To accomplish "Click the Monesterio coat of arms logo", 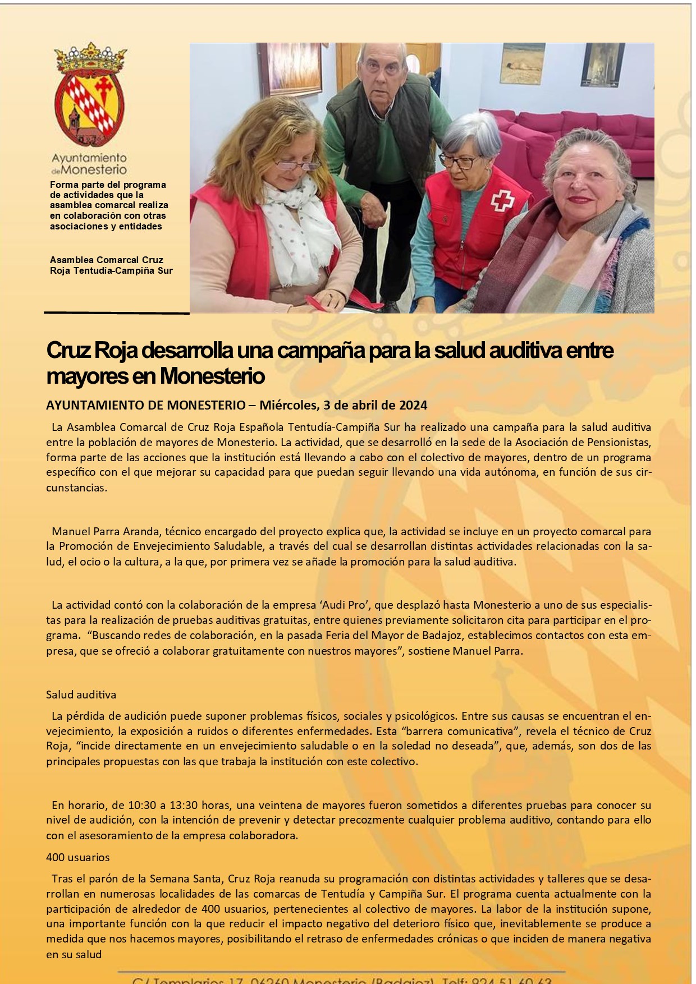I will point(90,95).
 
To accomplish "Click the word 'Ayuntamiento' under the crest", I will point(89,158).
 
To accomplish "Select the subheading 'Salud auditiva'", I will point(81,695).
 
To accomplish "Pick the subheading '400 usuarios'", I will point(77,857).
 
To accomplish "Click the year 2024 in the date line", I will point(413,405).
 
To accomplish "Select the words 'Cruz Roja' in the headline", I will point(92,351).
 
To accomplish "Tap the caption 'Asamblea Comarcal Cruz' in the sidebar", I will point(107,260).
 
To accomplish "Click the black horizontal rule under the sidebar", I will point(116,312).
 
